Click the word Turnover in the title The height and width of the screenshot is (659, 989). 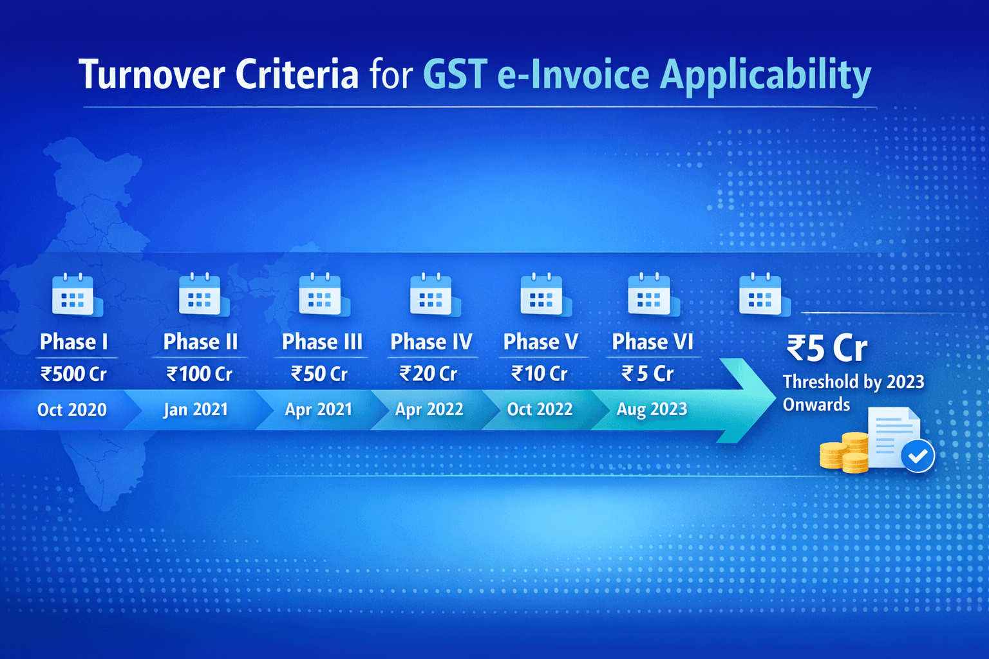tap(152, 75)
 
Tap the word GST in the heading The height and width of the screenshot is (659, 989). tap(455, 75)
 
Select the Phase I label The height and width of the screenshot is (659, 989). tap(74, 342)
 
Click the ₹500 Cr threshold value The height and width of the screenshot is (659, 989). tap(74, 374)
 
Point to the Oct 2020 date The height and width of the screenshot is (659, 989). tap(72, 410)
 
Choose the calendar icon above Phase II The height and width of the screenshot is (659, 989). tap(201, 295)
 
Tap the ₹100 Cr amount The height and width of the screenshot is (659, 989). tap(200, 374)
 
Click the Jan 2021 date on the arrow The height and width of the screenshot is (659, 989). tap(196, 410)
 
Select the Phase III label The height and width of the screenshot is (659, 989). tap(322, 342)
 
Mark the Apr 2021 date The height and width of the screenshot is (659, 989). tap(319, 410)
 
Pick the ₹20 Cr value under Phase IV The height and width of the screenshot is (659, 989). tap(428, 374)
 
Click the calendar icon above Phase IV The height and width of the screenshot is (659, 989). tap(432, 295)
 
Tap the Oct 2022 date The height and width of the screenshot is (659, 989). tap(540, 409)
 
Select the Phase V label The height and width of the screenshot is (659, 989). tap(541, 342)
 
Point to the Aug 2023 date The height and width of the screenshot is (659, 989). tap(652, 409)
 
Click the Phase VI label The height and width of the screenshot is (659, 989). tap(652, 342)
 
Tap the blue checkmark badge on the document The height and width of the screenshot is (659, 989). tap(918, 456)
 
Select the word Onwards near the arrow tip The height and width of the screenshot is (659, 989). tap(816, 405)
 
